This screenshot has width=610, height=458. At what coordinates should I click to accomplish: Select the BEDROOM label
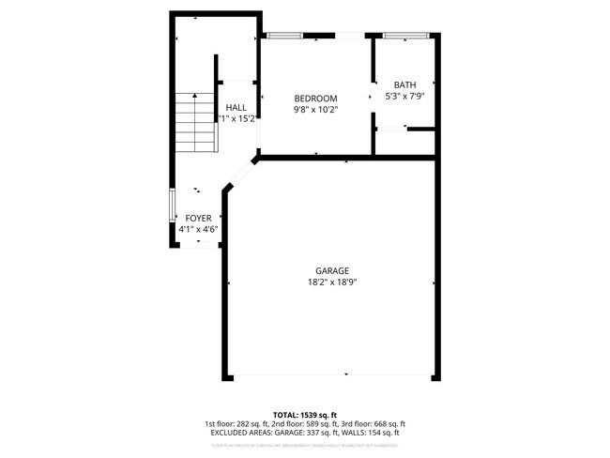(x=315, y=99)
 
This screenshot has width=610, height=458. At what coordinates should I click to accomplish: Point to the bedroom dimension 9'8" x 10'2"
(x=315, y=109)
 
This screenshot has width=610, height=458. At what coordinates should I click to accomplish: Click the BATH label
(x=404, y=85)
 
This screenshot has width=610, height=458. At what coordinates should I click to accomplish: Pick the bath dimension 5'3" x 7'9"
(x=404, y=96)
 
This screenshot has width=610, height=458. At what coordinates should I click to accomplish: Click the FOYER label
(x=198, y=218)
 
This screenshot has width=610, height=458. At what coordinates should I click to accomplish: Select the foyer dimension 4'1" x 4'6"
(x=198, y=228)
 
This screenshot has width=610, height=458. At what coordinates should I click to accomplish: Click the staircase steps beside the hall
(x=197, y=122)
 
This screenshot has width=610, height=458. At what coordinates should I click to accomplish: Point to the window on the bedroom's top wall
(x=284, y=36)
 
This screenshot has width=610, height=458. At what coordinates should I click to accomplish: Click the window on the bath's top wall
(x=405, y=36)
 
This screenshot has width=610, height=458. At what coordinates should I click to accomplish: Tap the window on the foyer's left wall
(x=171, y=206)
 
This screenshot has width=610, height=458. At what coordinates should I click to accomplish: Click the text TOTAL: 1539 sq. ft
(x=305, y=415)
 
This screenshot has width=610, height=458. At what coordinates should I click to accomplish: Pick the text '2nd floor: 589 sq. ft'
(x=303, y=424)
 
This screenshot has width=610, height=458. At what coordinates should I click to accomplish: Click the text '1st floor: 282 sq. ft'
(x=237, y=424)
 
